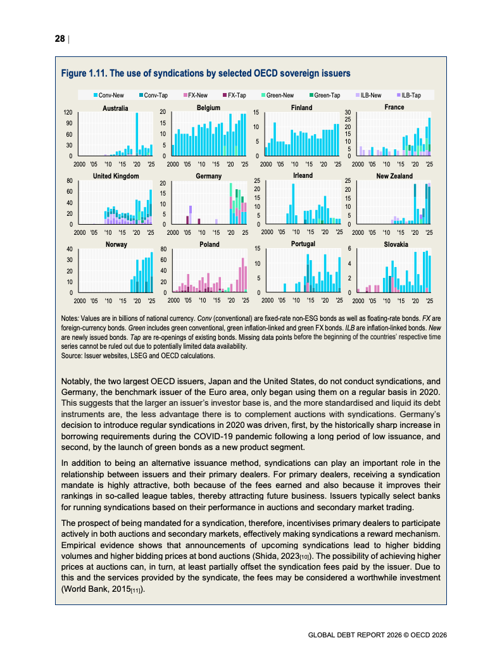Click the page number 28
(60, 39)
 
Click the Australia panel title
(115, 108)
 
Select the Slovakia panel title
(396, 244)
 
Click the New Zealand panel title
(394, 176)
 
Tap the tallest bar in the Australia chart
(137, 134)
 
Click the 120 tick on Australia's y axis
(67, 113)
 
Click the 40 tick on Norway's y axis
(68, 249)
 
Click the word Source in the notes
(72, 356)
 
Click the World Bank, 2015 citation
(101, 589)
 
